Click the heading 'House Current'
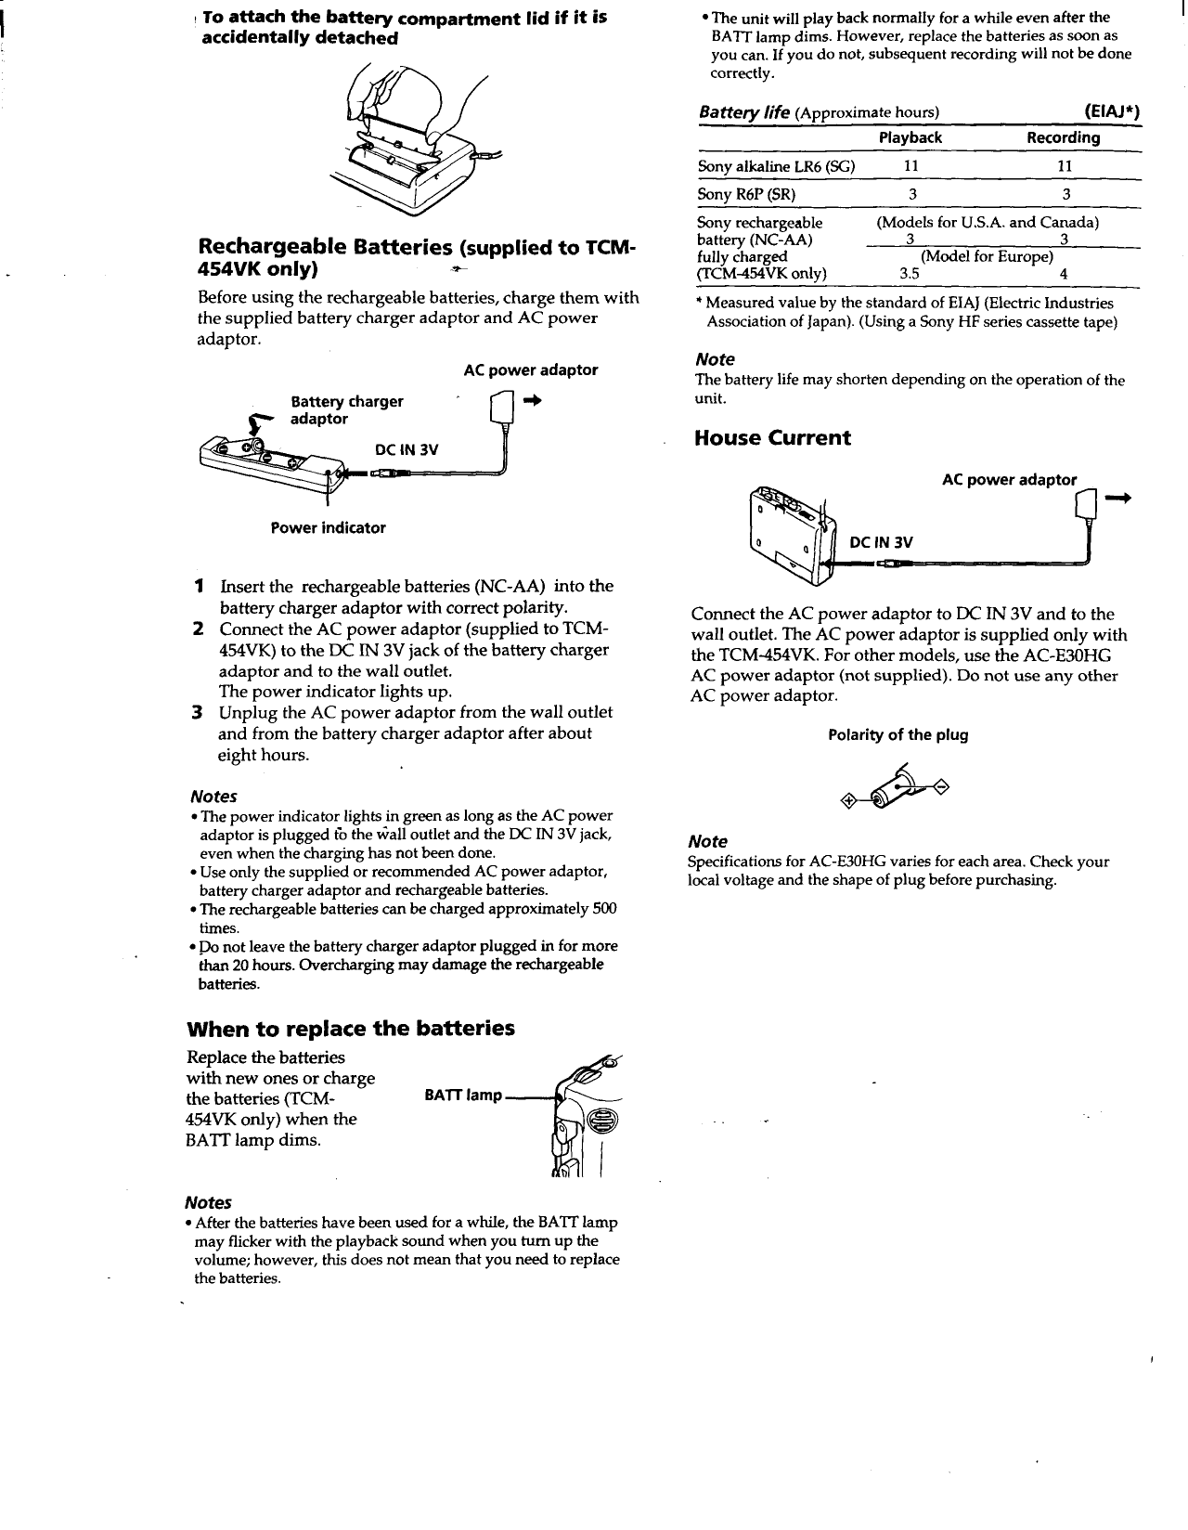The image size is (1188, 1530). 771,438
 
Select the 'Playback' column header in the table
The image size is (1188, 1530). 910,137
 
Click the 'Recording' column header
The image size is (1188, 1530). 1063,137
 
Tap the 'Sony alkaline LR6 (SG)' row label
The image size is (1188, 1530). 775,166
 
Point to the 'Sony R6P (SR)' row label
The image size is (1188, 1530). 746,194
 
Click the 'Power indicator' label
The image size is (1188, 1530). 328,527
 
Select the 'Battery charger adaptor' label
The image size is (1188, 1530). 346,409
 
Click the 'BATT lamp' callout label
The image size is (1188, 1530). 462,1096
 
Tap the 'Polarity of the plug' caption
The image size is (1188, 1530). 897,734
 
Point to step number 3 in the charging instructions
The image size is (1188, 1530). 196,712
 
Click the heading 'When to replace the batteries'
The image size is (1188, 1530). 350,1028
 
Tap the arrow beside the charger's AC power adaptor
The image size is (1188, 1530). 531,400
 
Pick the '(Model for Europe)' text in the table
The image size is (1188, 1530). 987,256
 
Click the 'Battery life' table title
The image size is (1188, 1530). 742,112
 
